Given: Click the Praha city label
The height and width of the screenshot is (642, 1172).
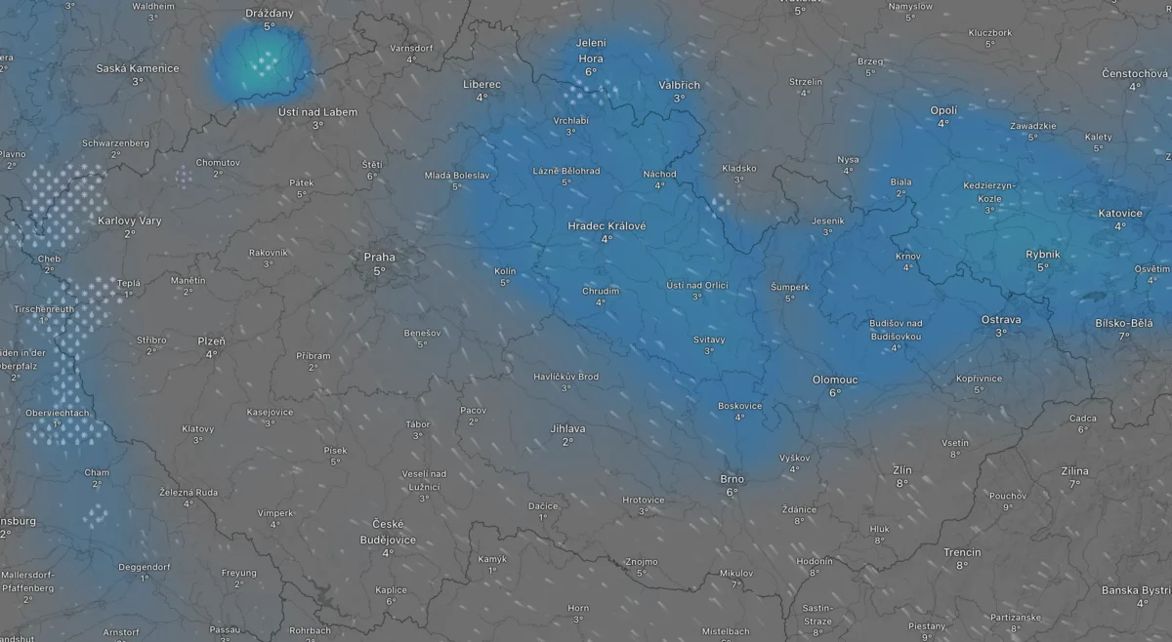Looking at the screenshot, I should pos(380,257).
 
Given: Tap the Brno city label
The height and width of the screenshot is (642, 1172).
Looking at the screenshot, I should pos(732,479).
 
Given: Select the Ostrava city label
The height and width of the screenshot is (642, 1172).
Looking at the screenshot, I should pos(1001,319).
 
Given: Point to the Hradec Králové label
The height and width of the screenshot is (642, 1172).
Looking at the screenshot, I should pos(607,225).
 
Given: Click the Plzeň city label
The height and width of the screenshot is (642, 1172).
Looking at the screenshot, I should pos(211,341).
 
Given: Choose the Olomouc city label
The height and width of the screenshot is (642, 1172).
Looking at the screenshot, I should pos(835,380).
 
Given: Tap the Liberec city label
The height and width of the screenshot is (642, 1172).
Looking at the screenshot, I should pos(481,85).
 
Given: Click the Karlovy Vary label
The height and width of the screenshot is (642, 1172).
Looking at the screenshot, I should pos(130,221).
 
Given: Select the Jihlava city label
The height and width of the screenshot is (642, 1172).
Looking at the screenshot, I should pos(567,428).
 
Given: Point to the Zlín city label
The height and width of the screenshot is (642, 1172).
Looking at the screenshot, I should pos(901,469).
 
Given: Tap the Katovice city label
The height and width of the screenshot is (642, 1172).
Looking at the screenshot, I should pos(1119,213).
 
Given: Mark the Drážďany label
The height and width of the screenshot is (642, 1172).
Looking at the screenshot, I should pos(270,14).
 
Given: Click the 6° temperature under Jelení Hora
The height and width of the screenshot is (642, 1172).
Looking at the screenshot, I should pos(591,72).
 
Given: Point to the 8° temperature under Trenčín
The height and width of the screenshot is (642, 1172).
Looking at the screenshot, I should pos(962,565).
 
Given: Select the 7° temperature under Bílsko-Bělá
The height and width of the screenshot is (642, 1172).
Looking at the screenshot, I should pos(1124,336).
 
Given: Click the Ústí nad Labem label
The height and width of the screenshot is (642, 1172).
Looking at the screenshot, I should pos(317,112).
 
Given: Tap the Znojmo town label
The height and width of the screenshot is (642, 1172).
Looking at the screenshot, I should pos(642,561).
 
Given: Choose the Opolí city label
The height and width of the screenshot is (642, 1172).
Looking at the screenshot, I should pos(943,110).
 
